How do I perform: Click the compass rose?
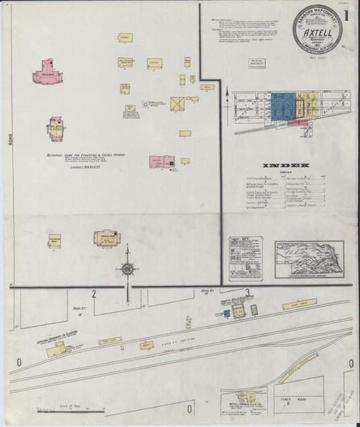point(126,269)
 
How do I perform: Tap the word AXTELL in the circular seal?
point(319,30)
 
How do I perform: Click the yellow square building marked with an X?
point(178,105)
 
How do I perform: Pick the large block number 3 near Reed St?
point(248,293)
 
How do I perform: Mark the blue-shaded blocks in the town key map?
point(282,107)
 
